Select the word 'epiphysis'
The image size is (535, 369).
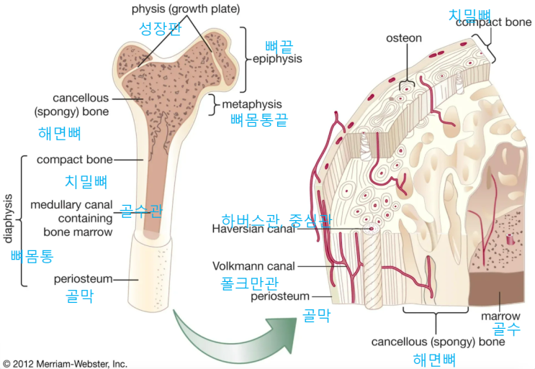click(277, 59)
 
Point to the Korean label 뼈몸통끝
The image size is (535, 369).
click(258, 121)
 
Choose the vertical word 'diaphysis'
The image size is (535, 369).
click(9, 219)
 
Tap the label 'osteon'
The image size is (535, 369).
click(404, 37)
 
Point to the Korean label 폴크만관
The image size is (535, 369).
click(249, 282)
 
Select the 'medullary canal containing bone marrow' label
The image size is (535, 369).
click(71, 219)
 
